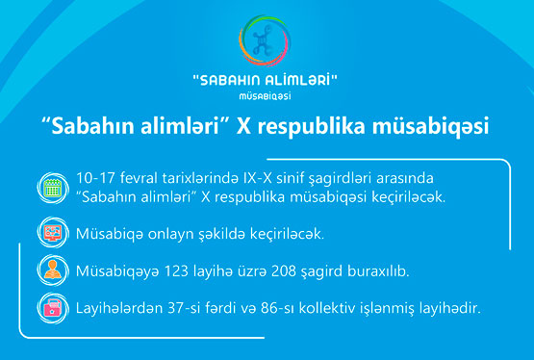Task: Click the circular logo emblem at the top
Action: [265, 40]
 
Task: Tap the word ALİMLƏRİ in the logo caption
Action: [297, 81]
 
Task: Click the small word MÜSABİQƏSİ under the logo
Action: [265, 96]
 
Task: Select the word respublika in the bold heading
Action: [312, 127]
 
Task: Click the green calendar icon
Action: [53, 188]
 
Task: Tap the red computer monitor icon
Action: [53, 232]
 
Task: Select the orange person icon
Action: [53, 270]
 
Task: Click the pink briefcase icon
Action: [53, 308]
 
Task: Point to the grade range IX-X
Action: [257, 178]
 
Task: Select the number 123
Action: [176, 271]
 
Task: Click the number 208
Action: [284, 271]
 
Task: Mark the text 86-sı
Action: [277, 308]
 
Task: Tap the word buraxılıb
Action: [378, 271]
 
